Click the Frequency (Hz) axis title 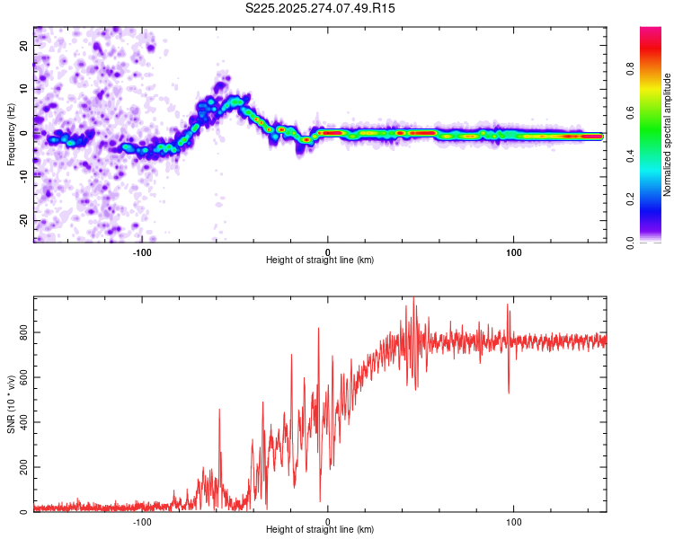click(x=11, y=135)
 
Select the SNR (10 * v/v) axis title click(x=11, y=404)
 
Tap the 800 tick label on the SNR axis click(x=22, y=332)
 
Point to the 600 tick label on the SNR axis click(x=22, y=377)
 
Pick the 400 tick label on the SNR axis click(x=22, y=422)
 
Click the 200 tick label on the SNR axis click(x=22, y=467)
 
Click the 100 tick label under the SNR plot click(x=513, y=520)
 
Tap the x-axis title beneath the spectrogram click(x=320, y=261)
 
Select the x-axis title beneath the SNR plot click(x=320, y=531)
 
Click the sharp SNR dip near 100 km click(x=510, y=392)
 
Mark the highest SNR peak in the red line click(x=413, y=298)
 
